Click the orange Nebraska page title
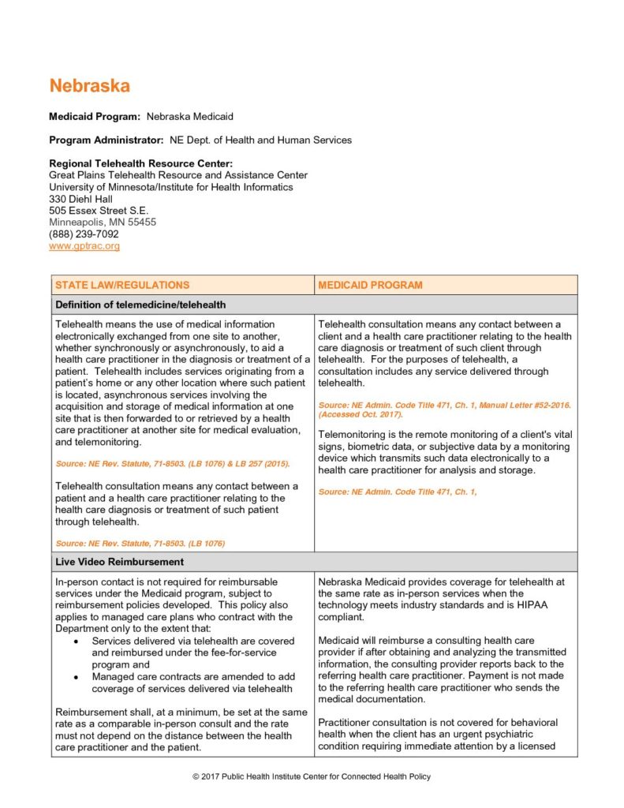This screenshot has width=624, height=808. (x=89, y=86)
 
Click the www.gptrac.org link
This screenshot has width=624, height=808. (x=84, y=246)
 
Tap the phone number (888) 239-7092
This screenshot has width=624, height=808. (x=84, y=234)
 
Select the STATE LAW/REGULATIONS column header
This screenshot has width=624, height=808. (x=122, y=285)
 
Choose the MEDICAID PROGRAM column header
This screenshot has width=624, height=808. (x=370, y=285)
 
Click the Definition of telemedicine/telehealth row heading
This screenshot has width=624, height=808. (x=140, y=305)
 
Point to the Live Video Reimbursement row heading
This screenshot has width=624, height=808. (x=119, y=562)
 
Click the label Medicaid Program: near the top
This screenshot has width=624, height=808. (x=95, y=117)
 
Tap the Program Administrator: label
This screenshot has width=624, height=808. (x=106, y=140)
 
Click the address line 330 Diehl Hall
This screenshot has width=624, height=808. (x=80, y=199)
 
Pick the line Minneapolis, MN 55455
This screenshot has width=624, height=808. (x=103, y=223)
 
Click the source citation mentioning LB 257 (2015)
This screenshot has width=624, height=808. (x=173, y=463)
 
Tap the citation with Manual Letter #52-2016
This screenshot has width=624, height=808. (x=444, y=406)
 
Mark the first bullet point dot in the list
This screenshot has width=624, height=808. (x=75, y=642)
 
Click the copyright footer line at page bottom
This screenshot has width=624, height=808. (x=312, y=777)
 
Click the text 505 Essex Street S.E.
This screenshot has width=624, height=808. (x=99, y=211)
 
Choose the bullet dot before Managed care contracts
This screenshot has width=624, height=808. (x=75, y=677)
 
